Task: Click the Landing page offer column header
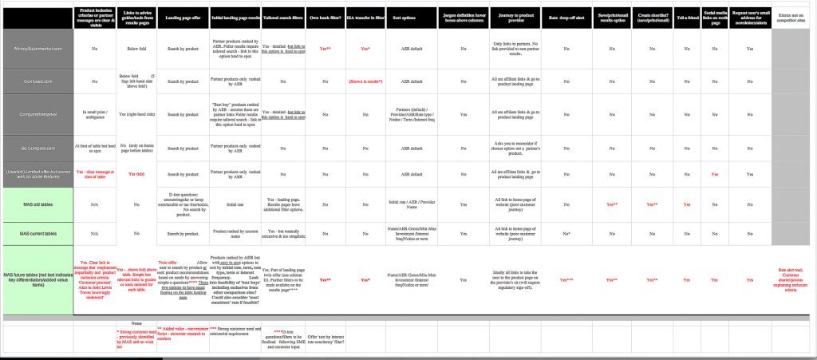pyautogui.click(x=181, y=16)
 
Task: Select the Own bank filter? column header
pyautogui.click(x=325, y=16)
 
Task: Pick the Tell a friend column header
pyautogui.click(x=685, y=16)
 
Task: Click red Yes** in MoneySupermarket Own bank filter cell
pyautogui.click(x=325, y=49)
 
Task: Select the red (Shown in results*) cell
pyautogui.click(x=365, y=81)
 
